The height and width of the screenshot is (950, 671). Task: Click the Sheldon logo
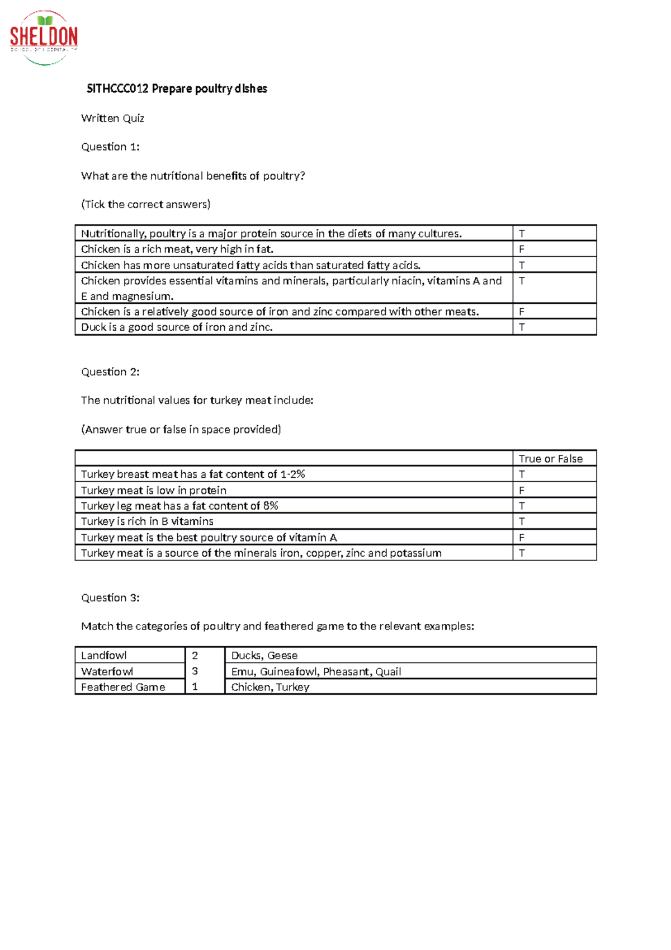(44, 37)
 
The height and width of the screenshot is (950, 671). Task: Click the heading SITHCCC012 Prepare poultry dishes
(177, 89)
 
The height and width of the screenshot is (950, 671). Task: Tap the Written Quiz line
(112, 118)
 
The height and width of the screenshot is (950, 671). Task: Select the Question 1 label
(110, 147)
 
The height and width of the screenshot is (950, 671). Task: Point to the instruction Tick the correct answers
(145, 204)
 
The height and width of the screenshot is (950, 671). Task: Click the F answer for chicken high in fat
(522, 249)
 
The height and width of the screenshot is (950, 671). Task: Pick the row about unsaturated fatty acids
(251, 265)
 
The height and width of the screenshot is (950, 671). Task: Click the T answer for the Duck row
(522, 327)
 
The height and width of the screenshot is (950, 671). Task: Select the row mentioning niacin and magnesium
(291, 288)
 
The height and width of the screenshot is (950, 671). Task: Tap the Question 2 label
(110, 372)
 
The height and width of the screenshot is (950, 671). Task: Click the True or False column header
(550, 459)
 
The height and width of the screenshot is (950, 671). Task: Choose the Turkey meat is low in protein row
(154, 491)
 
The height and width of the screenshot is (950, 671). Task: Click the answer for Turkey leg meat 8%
(522, 506)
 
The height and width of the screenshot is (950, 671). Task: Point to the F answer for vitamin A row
(522, 538)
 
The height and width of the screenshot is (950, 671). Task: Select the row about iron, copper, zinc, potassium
(261, 553)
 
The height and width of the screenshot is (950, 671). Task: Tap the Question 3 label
(110, 598)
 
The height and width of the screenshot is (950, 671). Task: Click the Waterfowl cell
(107, 671)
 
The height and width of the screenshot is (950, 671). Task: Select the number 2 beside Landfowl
(195, 655)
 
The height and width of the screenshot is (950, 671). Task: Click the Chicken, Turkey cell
(270, 687)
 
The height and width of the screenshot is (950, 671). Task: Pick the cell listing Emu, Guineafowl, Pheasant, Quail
(316, 671)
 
